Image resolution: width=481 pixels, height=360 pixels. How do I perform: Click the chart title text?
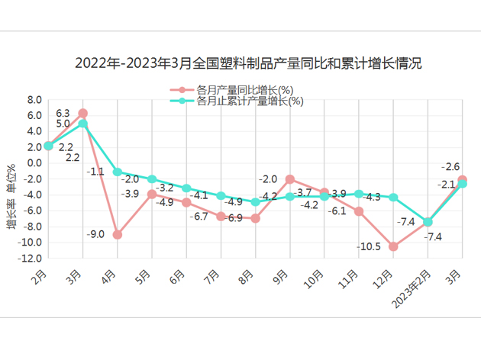pos(248,63)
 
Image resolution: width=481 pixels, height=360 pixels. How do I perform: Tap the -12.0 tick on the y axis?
pos(31,259)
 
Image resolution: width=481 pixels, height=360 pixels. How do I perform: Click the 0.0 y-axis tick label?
pos(34,162)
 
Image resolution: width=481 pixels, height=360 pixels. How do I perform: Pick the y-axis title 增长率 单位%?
pos(11,196)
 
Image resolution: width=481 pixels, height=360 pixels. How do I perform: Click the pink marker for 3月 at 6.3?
pos(82,113)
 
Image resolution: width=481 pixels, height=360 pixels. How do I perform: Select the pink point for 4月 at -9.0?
pos(118,234)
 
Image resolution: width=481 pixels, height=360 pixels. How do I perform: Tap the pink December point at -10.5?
pos(393,246)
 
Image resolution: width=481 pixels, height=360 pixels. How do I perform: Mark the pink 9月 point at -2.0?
pos(290,179)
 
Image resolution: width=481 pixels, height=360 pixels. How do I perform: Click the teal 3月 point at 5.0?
pos(82,124)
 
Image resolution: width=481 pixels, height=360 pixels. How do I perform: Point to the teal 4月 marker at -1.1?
pos(118,172)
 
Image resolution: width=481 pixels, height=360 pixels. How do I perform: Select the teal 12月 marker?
pos(393,198)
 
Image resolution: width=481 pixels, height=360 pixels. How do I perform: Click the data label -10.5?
pos(369,246)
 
